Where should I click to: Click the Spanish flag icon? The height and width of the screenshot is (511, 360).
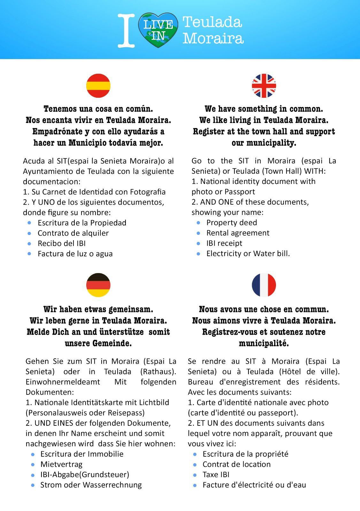tap(98, 86)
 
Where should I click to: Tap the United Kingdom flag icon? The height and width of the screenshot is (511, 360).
tap(264, 86)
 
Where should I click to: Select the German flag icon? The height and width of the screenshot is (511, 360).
tap(98, 285)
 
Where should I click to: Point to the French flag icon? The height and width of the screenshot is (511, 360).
tap(264, 285)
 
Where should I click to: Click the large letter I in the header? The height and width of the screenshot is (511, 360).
tap(126, 31)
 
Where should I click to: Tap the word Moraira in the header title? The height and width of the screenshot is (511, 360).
tap(213, 39)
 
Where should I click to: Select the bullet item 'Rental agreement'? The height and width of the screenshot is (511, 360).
tap(238, 233)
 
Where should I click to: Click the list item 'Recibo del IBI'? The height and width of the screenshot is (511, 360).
tap(62, 243)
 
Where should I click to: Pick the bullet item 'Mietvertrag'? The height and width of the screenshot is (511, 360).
tap(61, 464)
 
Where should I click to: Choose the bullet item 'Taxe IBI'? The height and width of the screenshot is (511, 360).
tap(216, 474)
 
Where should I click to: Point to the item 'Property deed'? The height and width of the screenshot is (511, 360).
tap(232, 223)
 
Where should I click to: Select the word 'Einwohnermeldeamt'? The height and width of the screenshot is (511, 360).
tap(63, 382)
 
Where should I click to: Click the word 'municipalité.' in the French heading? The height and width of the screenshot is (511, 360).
tap(264, 343)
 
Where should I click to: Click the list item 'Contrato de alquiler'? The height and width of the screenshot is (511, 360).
tap(73, 233)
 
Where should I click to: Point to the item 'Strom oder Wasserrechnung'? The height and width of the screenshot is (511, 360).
tap(91, 485)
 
